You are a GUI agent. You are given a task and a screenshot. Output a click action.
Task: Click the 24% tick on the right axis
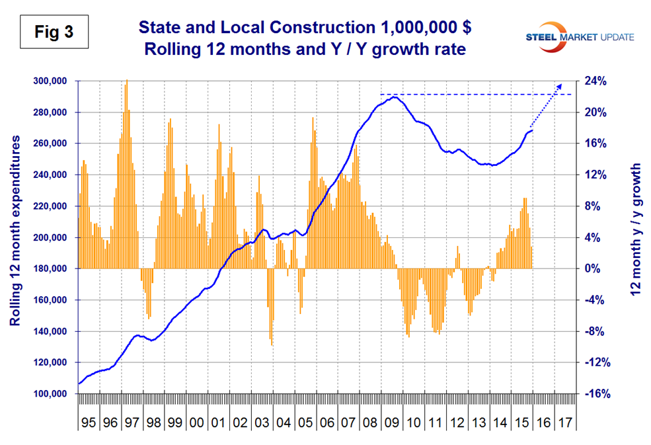(x=592, y=81)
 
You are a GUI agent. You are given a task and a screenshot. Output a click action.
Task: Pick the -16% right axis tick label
(x=592, y=394)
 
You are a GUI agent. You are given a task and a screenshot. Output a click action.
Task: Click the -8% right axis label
(x=594, y=332)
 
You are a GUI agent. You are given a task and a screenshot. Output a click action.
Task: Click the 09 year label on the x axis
(x=392, y=421)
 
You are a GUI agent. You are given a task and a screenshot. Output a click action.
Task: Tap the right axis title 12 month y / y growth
(x=637, y=231)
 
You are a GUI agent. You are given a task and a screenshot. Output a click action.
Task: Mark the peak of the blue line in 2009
(x=395, y=97)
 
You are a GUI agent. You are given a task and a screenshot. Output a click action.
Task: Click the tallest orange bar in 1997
(x=126, y=81)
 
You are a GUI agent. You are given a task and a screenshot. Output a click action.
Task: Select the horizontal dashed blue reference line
(x=476, y=95)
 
